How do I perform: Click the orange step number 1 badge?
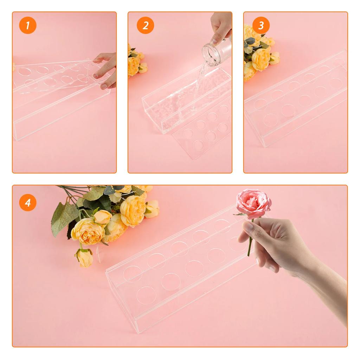28,25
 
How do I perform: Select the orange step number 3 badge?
261,25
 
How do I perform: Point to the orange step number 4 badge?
28,202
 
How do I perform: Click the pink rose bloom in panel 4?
253,203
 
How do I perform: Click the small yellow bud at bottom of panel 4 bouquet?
84,257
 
